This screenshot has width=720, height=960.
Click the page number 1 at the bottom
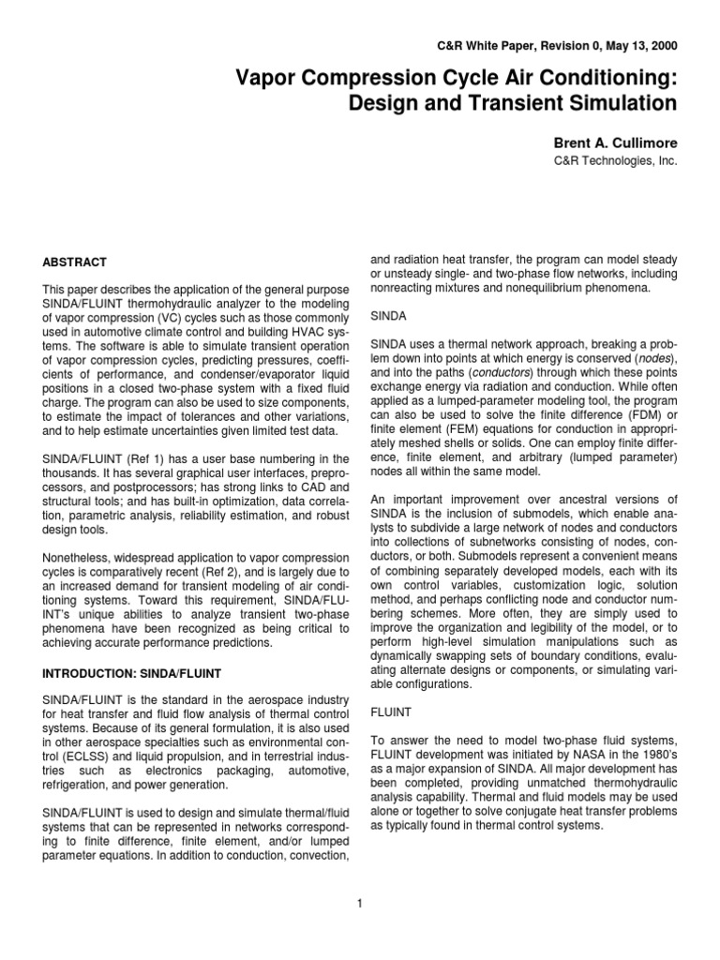click(360, 903)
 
